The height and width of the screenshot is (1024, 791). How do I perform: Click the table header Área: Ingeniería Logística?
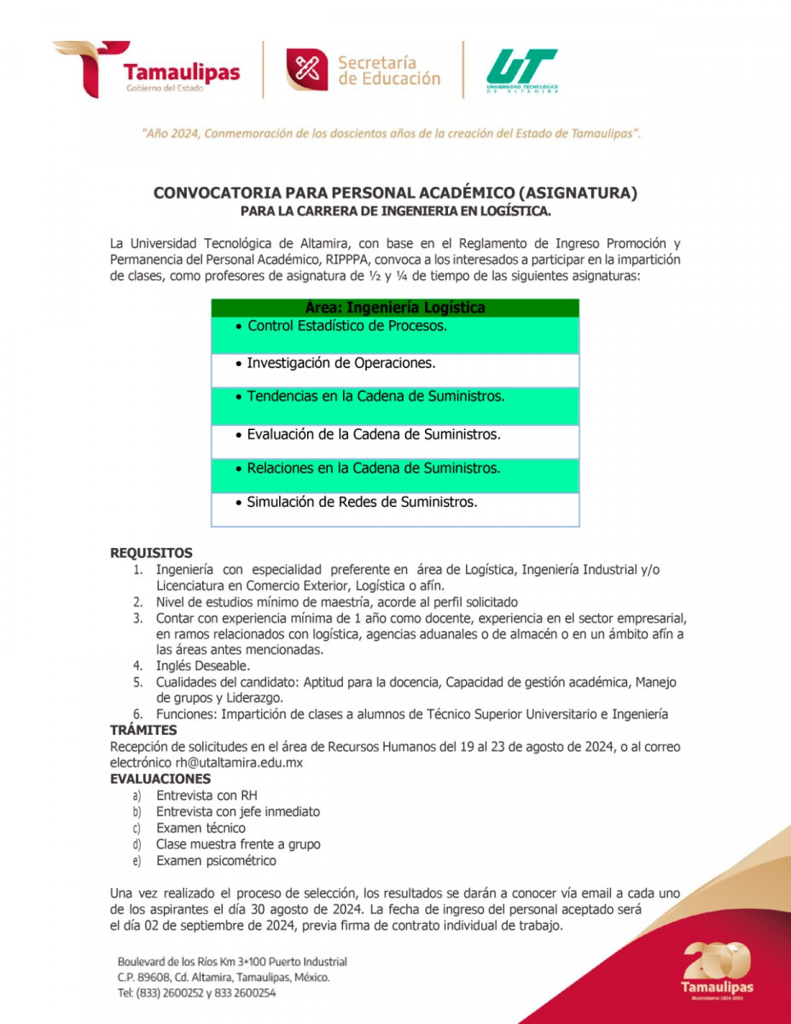tap(394, 307)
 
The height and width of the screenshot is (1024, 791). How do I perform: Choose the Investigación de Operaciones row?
tap(340, 363)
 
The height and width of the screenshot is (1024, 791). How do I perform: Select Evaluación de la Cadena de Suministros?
tap(373, 434)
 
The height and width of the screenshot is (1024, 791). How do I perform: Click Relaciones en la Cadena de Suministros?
tap(373, 468)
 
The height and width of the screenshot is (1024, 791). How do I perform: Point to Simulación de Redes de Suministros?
tap(362, 502)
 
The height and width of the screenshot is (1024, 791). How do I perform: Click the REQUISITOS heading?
tap(151, 553)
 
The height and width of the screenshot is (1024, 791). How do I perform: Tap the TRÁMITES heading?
tap(143, 730)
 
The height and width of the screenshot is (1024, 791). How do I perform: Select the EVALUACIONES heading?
tap(160, 779)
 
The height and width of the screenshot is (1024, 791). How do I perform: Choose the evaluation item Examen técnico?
tap(201, 828)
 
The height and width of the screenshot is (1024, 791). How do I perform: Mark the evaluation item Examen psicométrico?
tap(216, 860)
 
